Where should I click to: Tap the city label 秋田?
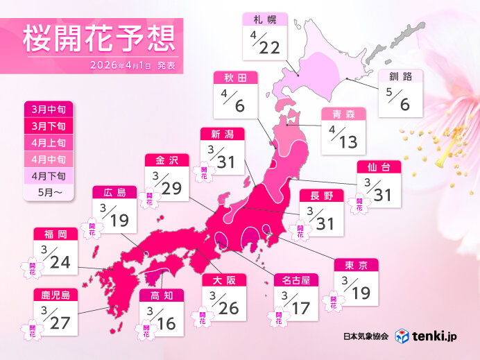pyautogui.click(x=239, y=77)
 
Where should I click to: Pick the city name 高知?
pyautogui.click(x=161, y=295)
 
